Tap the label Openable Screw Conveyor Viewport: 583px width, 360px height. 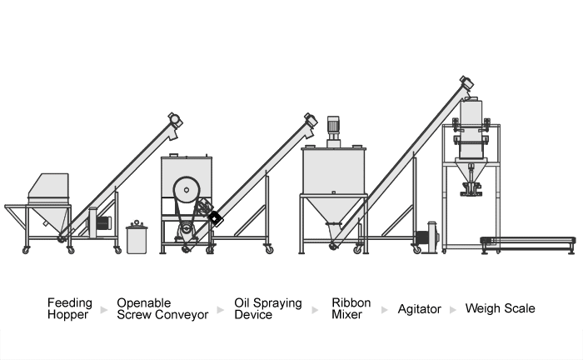click(x=162, y=308)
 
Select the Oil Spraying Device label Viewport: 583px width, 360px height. click(x=267, y=308)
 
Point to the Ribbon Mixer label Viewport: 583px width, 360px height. click(x=350, y=308)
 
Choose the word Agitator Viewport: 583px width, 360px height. click(x=419, y=309)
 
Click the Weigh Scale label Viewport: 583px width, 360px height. click(x=500, y=309)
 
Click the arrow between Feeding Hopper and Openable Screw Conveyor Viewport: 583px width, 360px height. click(x=104, y=309)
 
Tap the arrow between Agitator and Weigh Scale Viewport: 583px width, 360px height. click(x=452, y=309)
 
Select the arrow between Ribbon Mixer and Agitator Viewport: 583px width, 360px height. click(x=386, y=309)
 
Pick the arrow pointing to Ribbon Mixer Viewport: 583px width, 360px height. click(x=315, y=309)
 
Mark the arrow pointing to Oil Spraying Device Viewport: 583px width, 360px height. click(x=221, y=309)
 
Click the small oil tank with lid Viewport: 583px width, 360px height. click(x=137, y=237)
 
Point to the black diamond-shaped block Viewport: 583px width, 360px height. click(x=215, y=217)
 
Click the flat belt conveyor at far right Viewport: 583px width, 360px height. click(x=530, y=242)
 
